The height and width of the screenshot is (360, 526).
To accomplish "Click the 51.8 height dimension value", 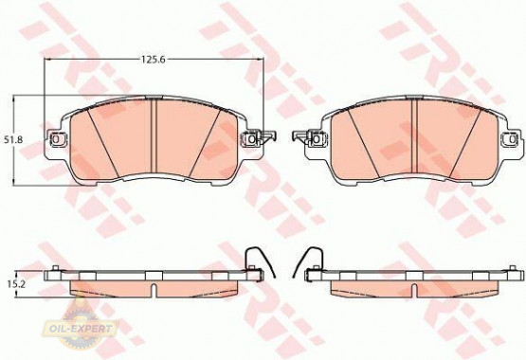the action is coord(13,139).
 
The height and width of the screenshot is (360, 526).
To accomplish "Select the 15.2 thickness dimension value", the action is coord(13,284).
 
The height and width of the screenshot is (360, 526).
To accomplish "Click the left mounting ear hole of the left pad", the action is coord(56,138).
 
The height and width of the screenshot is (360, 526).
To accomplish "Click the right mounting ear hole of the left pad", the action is coord(251,138).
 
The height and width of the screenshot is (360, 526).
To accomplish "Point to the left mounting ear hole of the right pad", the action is coord(316,138).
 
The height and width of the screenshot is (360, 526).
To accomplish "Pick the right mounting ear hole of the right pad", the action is coord(512,138).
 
